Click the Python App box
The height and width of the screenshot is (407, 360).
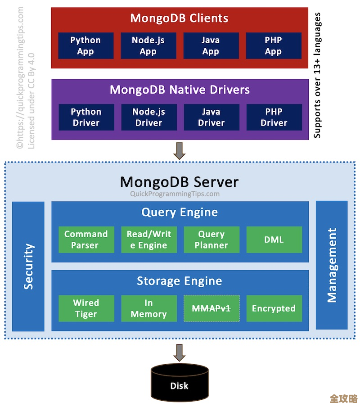click(85, 45)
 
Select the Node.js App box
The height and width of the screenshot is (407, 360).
click(148, 45)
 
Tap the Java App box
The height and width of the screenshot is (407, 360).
click(211, 45)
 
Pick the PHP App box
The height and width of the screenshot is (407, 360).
click(273, 45)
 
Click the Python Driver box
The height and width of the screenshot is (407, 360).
click(86, 117)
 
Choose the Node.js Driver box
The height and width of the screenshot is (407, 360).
click(148, 117)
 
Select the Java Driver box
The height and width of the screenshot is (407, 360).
click(211, 117)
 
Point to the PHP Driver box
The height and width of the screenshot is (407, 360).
click(274, 117)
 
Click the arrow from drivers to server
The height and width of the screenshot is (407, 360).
click(180, 151)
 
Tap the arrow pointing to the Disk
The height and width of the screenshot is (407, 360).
click(180, 353)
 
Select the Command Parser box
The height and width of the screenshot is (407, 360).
click(86, 240)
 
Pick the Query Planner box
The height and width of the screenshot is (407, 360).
click(211, 240)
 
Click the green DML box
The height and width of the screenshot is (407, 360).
click(274, 240)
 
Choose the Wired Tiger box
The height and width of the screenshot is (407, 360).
click(86, 308)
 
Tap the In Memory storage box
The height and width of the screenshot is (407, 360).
click(148, 308)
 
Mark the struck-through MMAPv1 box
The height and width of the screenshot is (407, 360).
click(211, 308)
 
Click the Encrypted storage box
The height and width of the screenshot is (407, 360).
click(274, 308)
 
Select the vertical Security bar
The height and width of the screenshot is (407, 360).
click(28, 266)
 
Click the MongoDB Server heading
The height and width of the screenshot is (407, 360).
click(179, 182)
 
